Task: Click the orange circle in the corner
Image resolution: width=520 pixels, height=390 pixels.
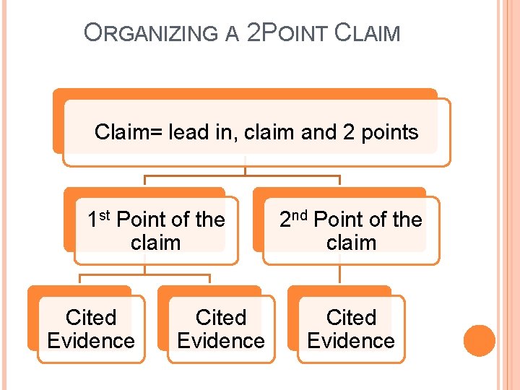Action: (479, 340)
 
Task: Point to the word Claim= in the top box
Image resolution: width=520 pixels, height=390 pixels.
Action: (129, 132)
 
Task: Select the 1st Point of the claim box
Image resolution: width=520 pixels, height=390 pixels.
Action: (156, 230)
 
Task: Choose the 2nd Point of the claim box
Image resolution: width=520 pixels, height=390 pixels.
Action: (351, 230)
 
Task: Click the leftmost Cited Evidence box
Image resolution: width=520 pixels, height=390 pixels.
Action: (91, 329)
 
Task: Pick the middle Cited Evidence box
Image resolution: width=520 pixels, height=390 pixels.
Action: (221, 329)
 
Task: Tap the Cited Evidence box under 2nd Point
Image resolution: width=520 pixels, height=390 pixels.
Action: (351, 329)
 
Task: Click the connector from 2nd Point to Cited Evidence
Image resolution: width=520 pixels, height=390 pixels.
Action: (339, 274)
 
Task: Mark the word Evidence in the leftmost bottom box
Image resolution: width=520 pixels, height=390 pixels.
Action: (91, 340)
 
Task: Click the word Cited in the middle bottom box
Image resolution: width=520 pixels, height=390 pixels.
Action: (221, 317)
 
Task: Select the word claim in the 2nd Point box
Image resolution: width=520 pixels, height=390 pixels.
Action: (351, 242)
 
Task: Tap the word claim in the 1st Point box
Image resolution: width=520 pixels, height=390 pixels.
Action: (156, 242)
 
